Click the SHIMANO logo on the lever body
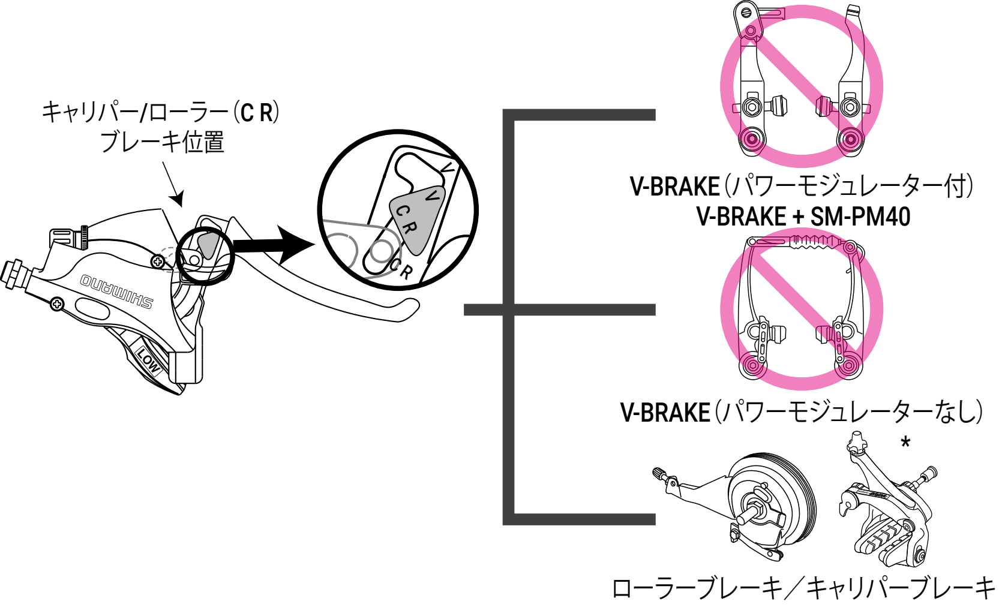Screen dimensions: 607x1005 pos(116,291)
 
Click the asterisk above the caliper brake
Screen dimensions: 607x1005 pos(905,443)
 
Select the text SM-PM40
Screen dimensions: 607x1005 pos(860,217)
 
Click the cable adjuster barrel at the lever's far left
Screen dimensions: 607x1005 pos(14,274)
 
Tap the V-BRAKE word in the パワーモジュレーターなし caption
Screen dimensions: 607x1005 pos(665,413)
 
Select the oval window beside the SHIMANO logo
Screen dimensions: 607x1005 pos(92,309)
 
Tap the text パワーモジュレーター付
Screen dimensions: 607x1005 pos(848,187)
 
